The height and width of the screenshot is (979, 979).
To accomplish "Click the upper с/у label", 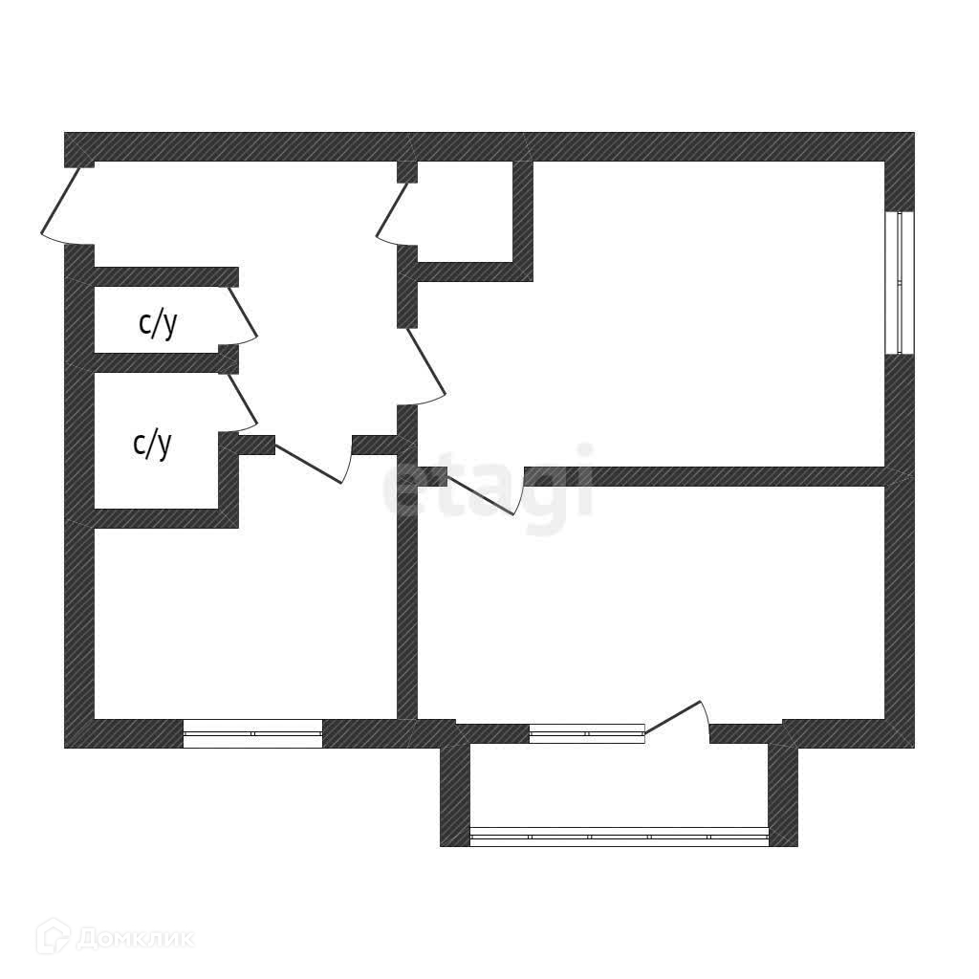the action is coord(158,324).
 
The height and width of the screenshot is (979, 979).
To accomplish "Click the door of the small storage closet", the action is coord(393,210).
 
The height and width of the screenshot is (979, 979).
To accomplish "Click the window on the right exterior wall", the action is coord(900,283).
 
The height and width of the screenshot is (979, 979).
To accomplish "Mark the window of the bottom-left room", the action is coord(252,733).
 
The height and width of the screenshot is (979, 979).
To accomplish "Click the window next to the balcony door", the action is coord(586,733).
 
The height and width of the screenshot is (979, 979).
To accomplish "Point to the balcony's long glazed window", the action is coord(620,837).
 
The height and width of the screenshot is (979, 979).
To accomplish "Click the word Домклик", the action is coord(135,938).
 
